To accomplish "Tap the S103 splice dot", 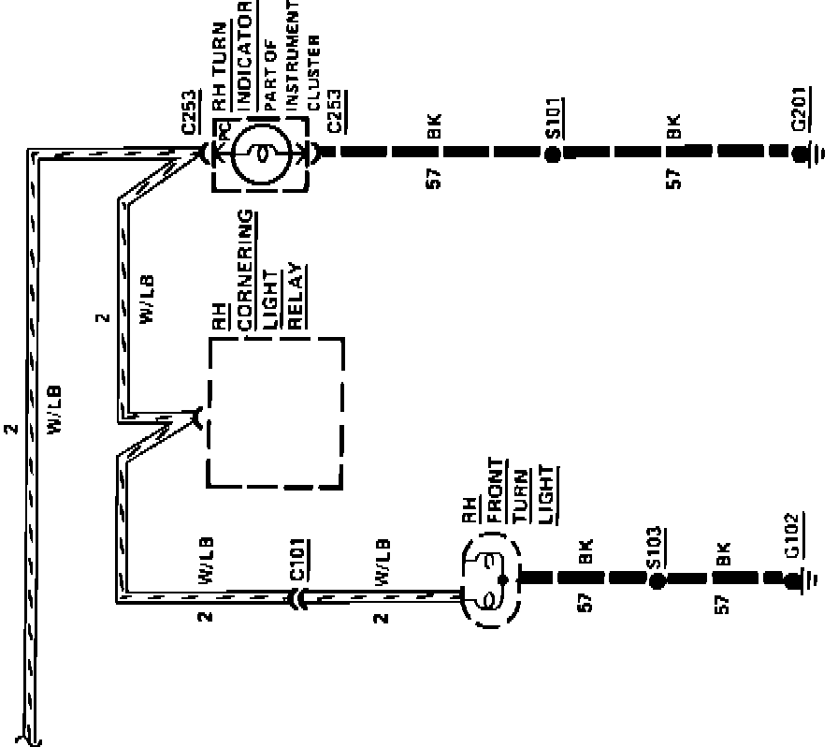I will click(x=657, y=580).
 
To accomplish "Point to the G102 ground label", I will click(x=792, y=536).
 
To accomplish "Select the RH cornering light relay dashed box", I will click(x=276, y=413).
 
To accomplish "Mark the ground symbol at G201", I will click(x=820, y=153).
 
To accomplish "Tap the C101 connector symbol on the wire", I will click(x=299, y=597).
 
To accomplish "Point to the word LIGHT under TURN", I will click(x=547, y=494).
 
